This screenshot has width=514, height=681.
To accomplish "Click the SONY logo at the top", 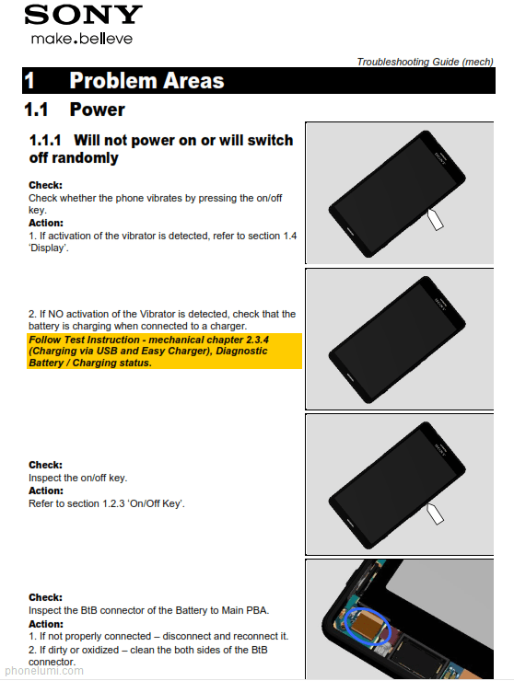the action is point(83,15).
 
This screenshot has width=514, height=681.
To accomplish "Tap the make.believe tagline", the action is point(82,39).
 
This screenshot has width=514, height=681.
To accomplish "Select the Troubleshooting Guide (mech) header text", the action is point(425,62).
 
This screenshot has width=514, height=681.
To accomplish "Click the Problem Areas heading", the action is point(146,80).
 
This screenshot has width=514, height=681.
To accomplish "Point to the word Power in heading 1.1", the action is point(98,110).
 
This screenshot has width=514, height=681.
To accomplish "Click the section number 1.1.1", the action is point(45,140).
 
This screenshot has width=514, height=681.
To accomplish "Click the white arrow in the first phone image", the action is point(435,219).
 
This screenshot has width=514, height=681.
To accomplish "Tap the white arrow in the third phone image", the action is point(435,514).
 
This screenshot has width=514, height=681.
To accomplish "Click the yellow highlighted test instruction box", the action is point(164,351).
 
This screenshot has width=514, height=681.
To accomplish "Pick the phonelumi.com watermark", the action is point(44,671).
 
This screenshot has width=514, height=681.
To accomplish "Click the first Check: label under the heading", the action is point(46,186).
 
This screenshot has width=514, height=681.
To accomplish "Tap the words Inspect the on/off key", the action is point(78,478).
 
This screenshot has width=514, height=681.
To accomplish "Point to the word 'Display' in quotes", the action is point(49,248).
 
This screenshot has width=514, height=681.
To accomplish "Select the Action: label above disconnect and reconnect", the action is point(46,624).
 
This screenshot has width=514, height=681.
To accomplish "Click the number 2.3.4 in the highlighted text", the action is point(257,340).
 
